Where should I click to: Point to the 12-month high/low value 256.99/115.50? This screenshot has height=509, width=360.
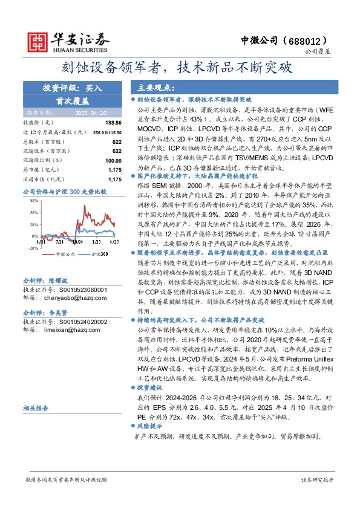(x=107, y=132)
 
